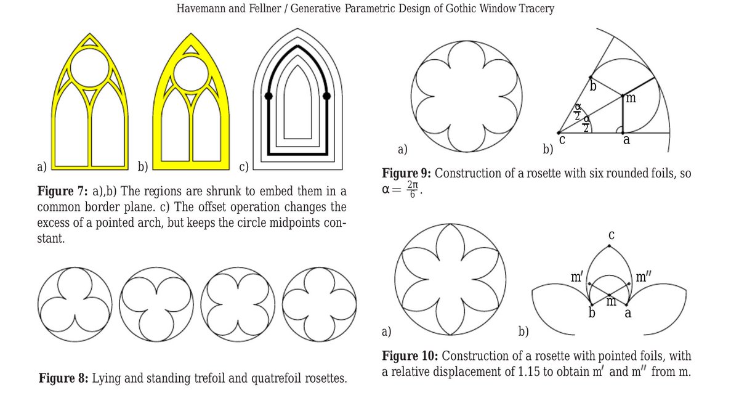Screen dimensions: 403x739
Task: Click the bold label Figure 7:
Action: click(62, 190)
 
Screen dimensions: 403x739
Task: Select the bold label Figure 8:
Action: click(63, 378)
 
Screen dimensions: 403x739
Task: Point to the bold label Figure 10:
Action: click(410, 356)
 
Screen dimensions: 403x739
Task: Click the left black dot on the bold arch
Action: click(269, 96)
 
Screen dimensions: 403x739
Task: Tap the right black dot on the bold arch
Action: click(326, 96)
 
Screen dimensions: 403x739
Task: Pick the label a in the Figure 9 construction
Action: click(627, 140)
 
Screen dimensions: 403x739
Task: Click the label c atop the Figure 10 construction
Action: click(611, 235)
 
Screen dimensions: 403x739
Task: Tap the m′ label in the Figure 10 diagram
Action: click(577, 277)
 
